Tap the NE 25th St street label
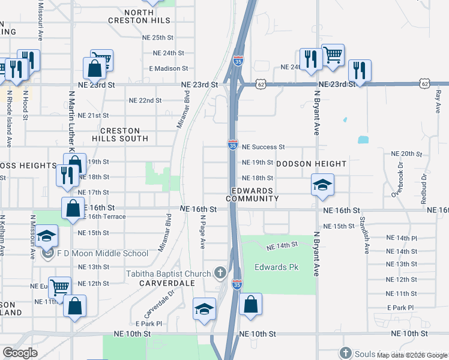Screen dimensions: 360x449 click(x=158, y=37)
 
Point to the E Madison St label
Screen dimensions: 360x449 click(x=169, y=68)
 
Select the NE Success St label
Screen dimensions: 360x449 click(x=263, y=146)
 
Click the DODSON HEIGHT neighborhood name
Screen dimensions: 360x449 click(x=311, y=164)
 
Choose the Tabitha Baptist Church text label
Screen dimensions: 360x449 click(x=168, y=274)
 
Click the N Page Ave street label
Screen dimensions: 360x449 click(x=203, y=232)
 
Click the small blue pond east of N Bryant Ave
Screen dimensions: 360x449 click(x=363, y=140)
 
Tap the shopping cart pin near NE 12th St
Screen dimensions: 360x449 click(x=59, y=286)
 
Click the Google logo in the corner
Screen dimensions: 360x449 click(x=20, y=353)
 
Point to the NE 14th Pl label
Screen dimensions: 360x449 click(x=402, y=238)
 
